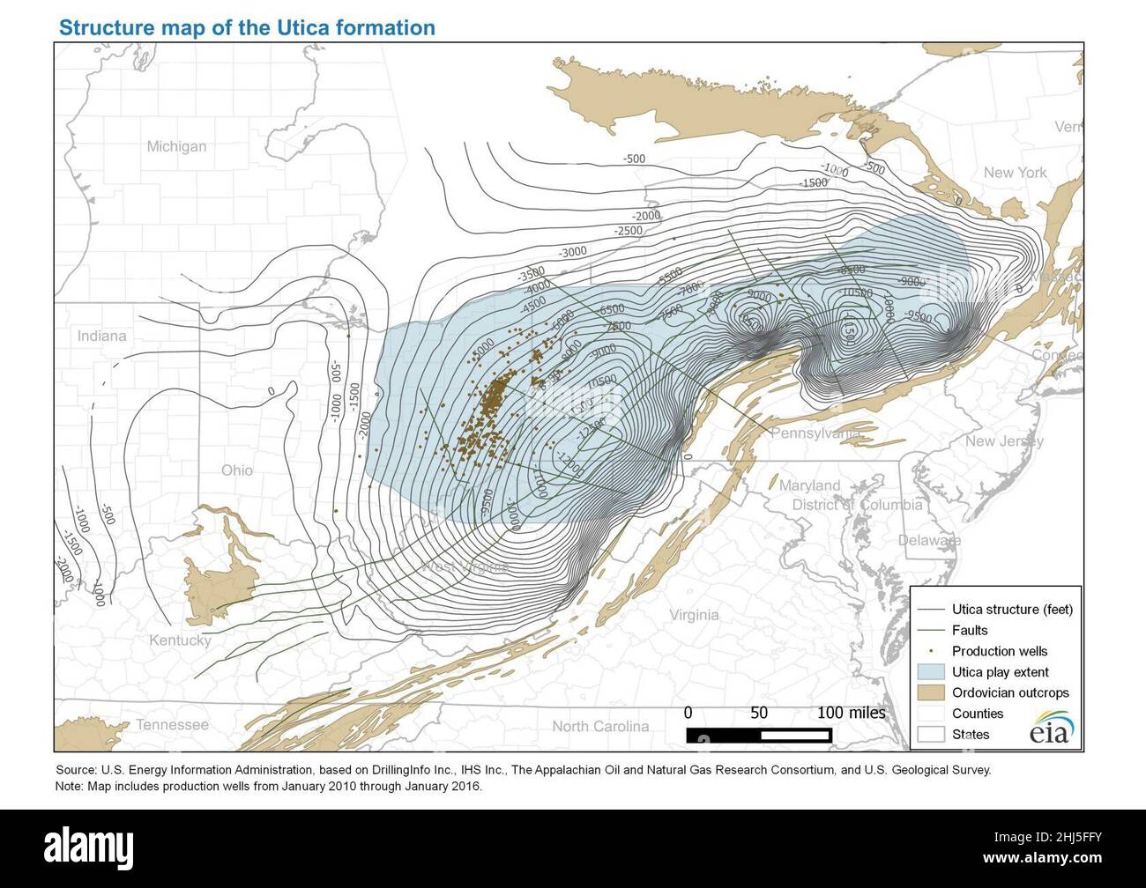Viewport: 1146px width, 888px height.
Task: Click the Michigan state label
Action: pos(176,146)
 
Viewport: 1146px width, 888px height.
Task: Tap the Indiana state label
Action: pos(101,336)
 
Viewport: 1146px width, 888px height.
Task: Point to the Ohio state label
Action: pos(236,470)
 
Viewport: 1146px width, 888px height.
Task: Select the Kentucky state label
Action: pos(180,640)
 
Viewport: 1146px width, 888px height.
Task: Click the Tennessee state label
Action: pos(172,725)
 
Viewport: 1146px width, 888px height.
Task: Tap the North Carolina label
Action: pos(600,727)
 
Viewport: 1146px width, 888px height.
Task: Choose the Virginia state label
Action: pos(693,615)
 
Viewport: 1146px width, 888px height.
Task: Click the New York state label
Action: pos(1015,173)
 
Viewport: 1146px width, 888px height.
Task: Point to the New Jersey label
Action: pos(1004,441)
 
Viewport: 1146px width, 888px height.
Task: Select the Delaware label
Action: pos(929,540)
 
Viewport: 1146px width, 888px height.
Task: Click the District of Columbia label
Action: pos(857,505)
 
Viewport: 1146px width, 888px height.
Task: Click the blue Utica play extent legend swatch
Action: pos(930,672)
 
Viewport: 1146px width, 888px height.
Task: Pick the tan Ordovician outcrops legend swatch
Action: pos(930,692)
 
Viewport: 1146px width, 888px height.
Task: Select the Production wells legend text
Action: pos(1000,651)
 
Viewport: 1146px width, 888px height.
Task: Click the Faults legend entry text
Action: pos(970,630)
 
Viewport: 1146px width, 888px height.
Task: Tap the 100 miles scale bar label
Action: pos(851,713)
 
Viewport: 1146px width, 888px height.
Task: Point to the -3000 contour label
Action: pos(572,252)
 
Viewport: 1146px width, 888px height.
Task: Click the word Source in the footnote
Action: pos(76,770)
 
